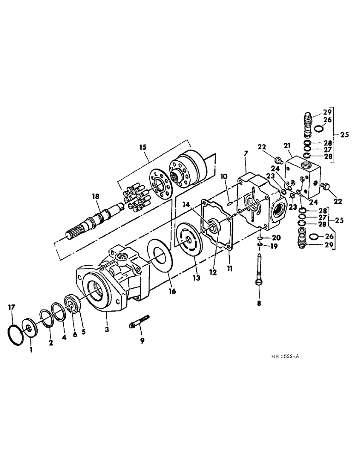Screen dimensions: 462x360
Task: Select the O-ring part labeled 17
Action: pyautogui.click(x=17, y=329)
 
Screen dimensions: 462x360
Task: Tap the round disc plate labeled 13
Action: pyautogui.click(x=184, y=240)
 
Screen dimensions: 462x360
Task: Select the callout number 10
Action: pyautogui.click(x=223, y=176)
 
